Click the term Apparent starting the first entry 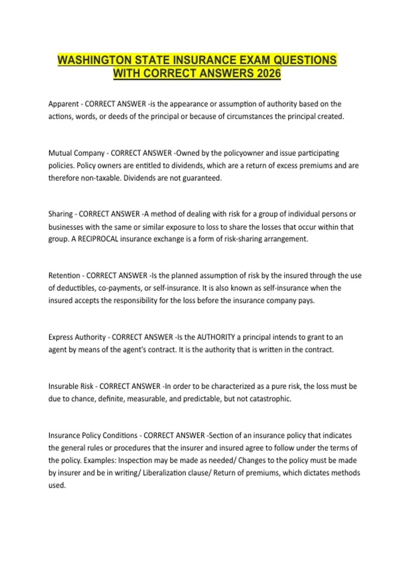coord(64,104)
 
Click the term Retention coord(64,275)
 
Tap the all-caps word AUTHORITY coord(216,337)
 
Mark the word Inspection coord(135,460)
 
